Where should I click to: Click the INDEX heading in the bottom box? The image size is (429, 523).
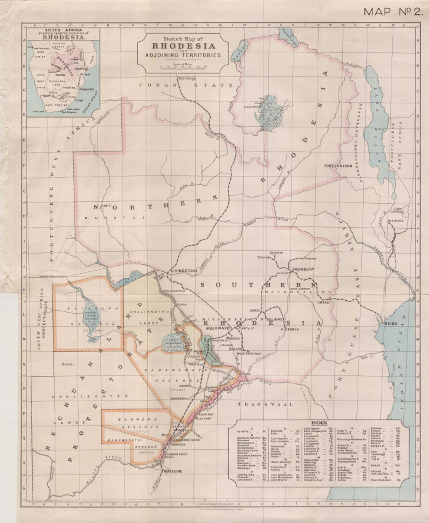coord(319,423)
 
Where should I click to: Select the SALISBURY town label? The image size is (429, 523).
coord(303,268)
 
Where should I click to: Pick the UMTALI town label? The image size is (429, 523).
coord(326,302)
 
